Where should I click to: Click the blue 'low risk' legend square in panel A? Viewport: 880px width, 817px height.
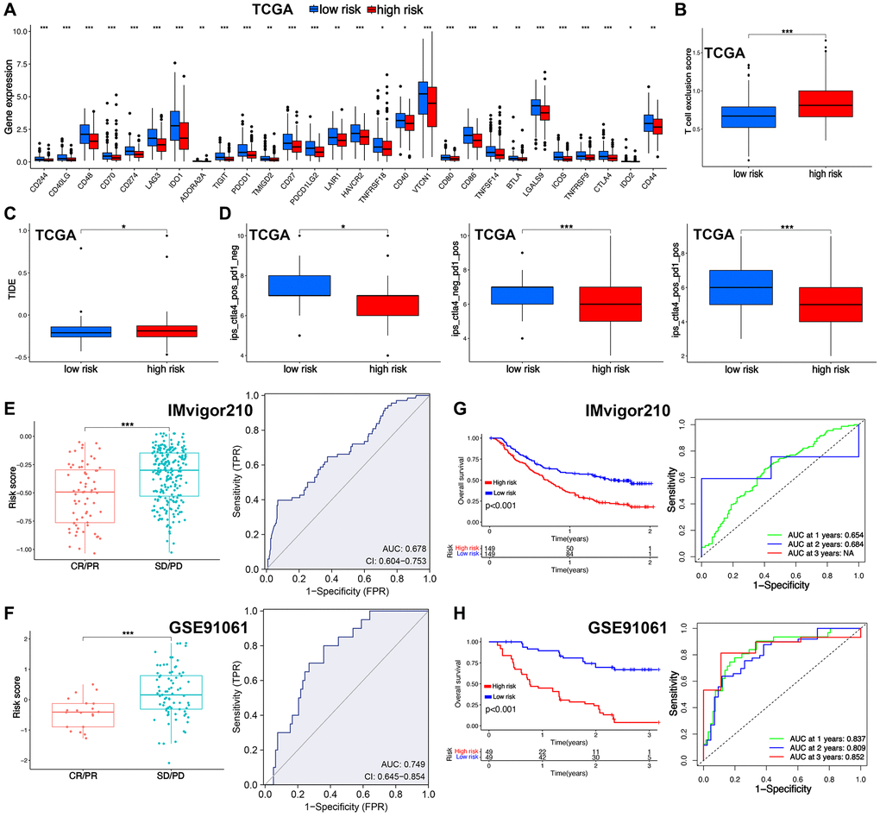[288, 11]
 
